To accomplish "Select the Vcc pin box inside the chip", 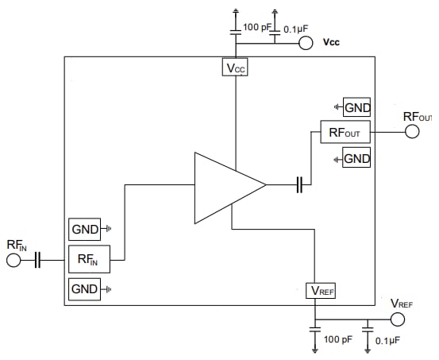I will [236, 68].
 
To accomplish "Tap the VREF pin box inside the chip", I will [322, 291].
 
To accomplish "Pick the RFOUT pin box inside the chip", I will [345, 133].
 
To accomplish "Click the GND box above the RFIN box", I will [85, 230].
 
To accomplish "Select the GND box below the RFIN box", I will [84, 288].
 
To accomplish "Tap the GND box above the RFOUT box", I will [356, 107].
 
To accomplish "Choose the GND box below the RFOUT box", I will [356, 159].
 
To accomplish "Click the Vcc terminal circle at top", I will [306, 42].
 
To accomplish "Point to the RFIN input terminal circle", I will [13, 261].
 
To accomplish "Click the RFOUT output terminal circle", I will [411, 132].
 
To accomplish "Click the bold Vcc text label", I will [333, 42].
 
